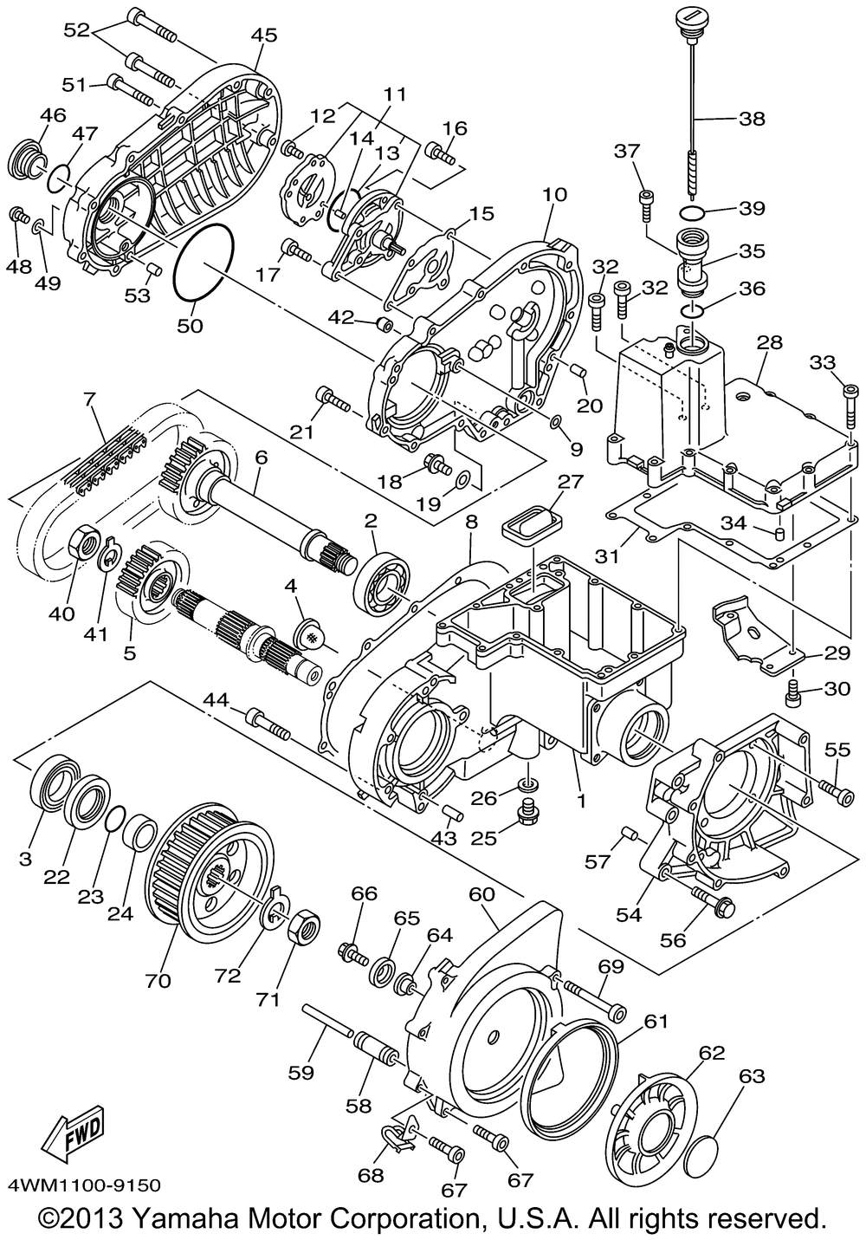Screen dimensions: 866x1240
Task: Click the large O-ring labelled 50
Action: (x=204, y=263)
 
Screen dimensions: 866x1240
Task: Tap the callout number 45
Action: (x=264, y=36)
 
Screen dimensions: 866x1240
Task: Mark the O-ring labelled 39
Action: (x=690, y=212)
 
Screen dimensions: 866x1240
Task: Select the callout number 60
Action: (x=482, y=893)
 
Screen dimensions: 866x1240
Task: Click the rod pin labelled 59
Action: (x=327, y=1023)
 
